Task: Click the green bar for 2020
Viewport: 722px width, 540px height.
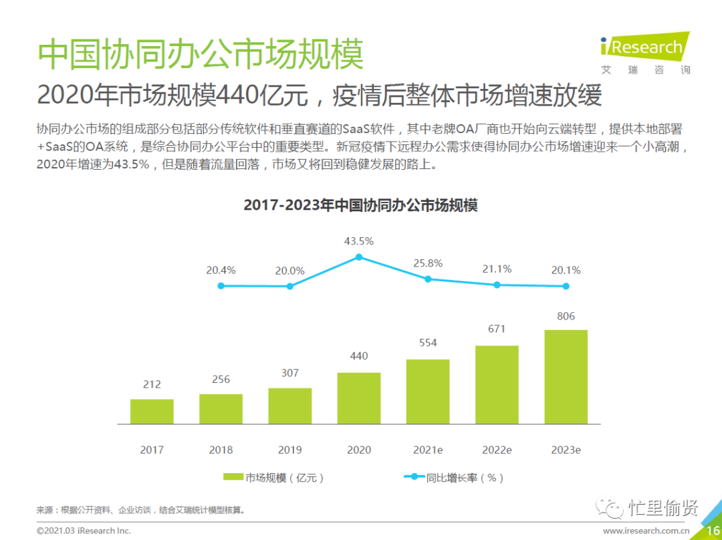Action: click(359, 398)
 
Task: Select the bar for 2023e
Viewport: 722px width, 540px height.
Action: click(566, 377)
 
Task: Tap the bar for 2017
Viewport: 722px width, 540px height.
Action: click(152, 411)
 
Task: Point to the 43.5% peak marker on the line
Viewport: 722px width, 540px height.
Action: click(359, 257)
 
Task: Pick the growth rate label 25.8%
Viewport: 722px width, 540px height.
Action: click(428, 263)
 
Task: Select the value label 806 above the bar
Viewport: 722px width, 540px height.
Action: click(566, 316)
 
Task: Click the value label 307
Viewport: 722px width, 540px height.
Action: click(289, 373)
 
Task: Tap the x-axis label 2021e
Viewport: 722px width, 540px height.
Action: click(428, 450)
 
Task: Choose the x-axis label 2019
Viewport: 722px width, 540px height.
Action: click(289, 450)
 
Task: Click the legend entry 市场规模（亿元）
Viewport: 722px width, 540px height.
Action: click(274, 477)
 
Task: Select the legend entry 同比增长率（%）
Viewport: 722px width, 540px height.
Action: click(455, 477)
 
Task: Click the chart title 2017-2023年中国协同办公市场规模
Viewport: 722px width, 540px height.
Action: click(360, 205)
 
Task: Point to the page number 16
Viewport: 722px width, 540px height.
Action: click(711, 531)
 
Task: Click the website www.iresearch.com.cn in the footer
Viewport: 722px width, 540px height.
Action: click(646, 531)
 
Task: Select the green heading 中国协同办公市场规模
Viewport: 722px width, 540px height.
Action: click(201, 55)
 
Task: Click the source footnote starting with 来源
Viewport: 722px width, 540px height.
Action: click(141, 510)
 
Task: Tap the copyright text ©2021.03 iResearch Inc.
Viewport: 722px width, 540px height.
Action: click(84, 531)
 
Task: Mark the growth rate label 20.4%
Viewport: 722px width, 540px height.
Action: click(221, 271)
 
